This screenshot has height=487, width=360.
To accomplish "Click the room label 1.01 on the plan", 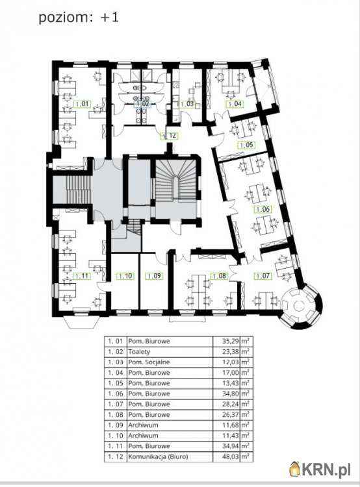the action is click(x=83, y=104).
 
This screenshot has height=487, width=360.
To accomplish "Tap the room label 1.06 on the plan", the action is click(x=263, y=209).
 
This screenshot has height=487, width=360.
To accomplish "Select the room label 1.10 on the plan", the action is click(x=125, y=275).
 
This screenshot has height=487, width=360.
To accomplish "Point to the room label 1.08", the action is click(x=220, y=275).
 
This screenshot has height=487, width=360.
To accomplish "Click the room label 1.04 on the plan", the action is click(x=235, y=104).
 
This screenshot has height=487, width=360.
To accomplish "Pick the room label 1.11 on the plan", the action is click(x=82, y=276).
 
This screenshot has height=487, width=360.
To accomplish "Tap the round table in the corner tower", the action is click(x=298, y=306).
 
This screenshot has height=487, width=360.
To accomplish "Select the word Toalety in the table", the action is click(x=139, y=351).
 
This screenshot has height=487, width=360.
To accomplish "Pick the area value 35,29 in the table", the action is click(x=231, y=341).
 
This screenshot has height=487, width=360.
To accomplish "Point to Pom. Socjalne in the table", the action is click(x=149, y=362).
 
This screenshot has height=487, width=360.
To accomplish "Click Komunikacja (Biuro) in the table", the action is click(x=159, y=456).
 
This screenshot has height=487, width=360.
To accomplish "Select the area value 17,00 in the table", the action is click(x=231, y=373).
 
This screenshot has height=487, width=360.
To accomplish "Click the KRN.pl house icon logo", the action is click(x=294, y=469).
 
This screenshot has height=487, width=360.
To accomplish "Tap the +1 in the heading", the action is click(x=109, y=18).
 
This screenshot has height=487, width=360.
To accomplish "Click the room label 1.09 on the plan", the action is click(x=155, y=275).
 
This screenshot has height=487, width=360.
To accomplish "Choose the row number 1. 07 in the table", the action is click(x=115, y=404).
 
